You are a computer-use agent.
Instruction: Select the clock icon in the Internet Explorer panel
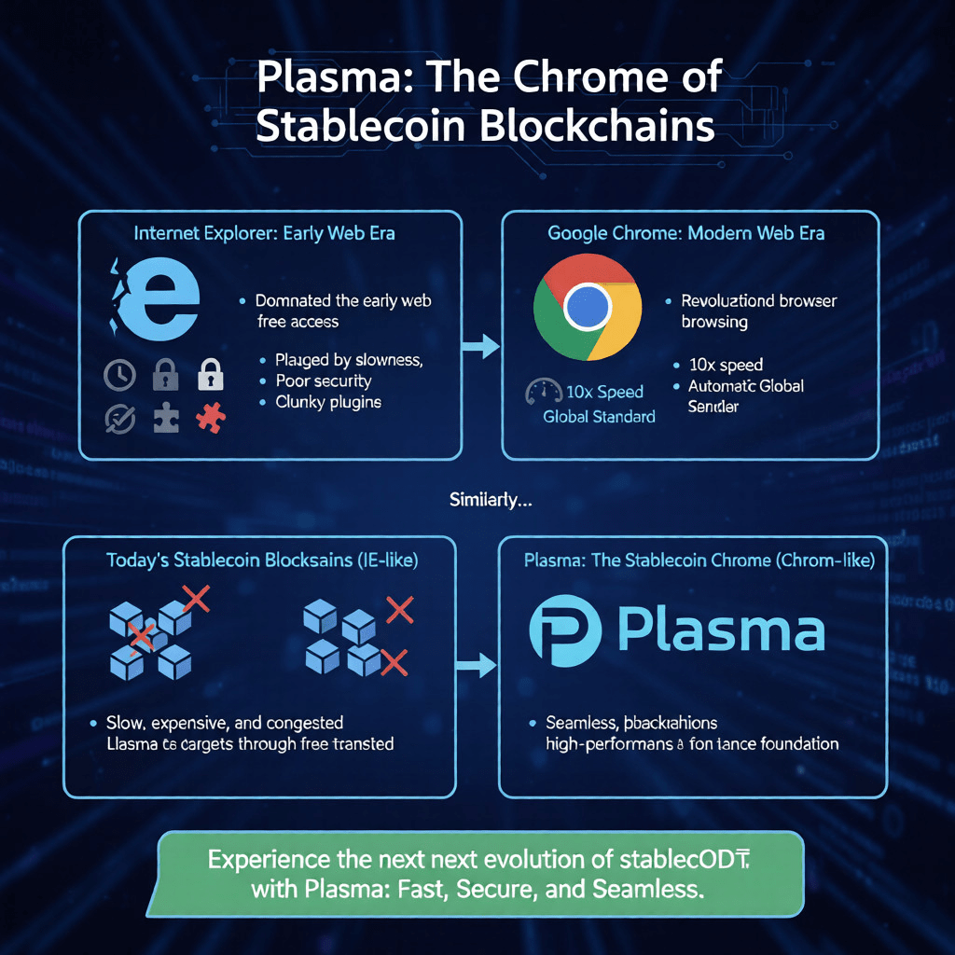118,376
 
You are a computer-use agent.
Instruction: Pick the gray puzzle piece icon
165,418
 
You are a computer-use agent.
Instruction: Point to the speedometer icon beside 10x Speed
544,392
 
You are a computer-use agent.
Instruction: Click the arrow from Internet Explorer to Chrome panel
480,347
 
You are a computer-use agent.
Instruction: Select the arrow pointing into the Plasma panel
478,665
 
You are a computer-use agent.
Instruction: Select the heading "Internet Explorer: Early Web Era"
265,233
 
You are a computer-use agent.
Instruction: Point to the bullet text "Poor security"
323,381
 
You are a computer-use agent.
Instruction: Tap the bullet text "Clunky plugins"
327,402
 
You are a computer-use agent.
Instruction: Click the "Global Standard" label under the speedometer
599,416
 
